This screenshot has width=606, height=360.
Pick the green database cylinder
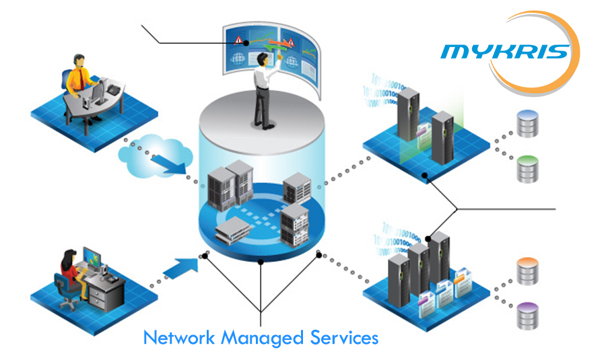click(529, 168)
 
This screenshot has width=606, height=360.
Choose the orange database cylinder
click(529, 270)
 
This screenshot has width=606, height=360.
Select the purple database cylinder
click(529, 314)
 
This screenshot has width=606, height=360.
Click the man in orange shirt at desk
click(79, 81)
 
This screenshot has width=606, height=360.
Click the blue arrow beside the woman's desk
click(182, 264)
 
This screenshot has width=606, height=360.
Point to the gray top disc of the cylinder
click(263, 124)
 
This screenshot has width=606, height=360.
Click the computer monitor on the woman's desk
click(91, 258)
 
